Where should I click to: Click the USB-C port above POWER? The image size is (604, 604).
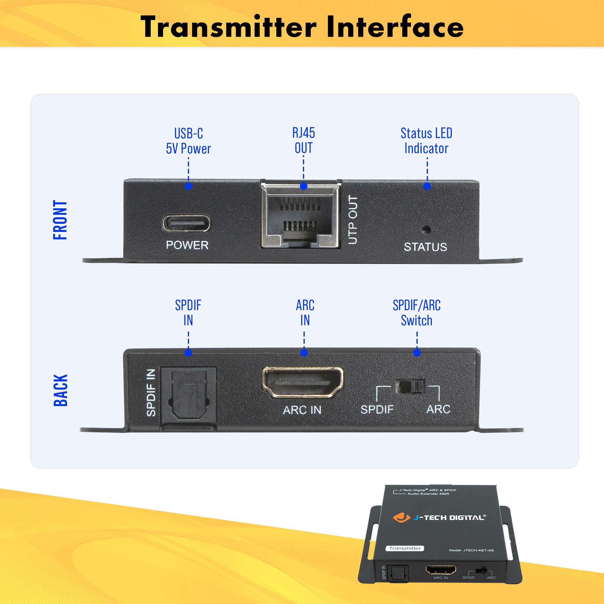pyautogui.click(x=186, y=223)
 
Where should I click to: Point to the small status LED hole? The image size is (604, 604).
pyautogui.click(x=426, y=230)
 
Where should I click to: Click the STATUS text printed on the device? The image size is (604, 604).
pyautogui.click(x=425, y=247)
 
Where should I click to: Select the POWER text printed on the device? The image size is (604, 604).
pyautogui.click(x=187, y=245)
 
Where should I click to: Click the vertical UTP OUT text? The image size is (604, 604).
pyautogui.click(x=353, y=220)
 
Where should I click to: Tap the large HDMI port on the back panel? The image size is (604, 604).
pyautogui.click(x=302, y=382)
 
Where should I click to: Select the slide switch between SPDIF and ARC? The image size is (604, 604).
pyautogui.click(x=410, y=387)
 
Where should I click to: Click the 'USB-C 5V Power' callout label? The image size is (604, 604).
pyautogui.click(x=188, y=141)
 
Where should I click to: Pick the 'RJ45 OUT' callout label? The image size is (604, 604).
pyautogui.click(x=304, y=140)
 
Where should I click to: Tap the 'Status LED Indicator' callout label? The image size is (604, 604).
pyautogui.click(x=426, y=141)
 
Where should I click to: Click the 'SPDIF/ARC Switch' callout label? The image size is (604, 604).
pyautogui.click(x=416, y=313)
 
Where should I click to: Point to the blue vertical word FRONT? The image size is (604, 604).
pyautogui.click(x=60, y=220)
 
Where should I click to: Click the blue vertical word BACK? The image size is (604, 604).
pyautogui.click(x=60, y=390)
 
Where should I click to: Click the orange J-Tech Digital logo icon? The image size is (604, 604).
pyautogui.click(x=401, y=517)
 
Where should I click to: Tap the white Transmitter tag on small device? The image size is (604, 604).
pyautogui.click(x=405, y=548)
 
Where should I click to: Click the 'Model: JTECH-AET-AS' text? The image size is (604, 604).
pyautogui.click(x=471, y=550)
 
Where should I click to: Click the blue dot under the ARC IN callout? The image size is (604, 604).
pyautogui.click(x=304, y=353)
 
